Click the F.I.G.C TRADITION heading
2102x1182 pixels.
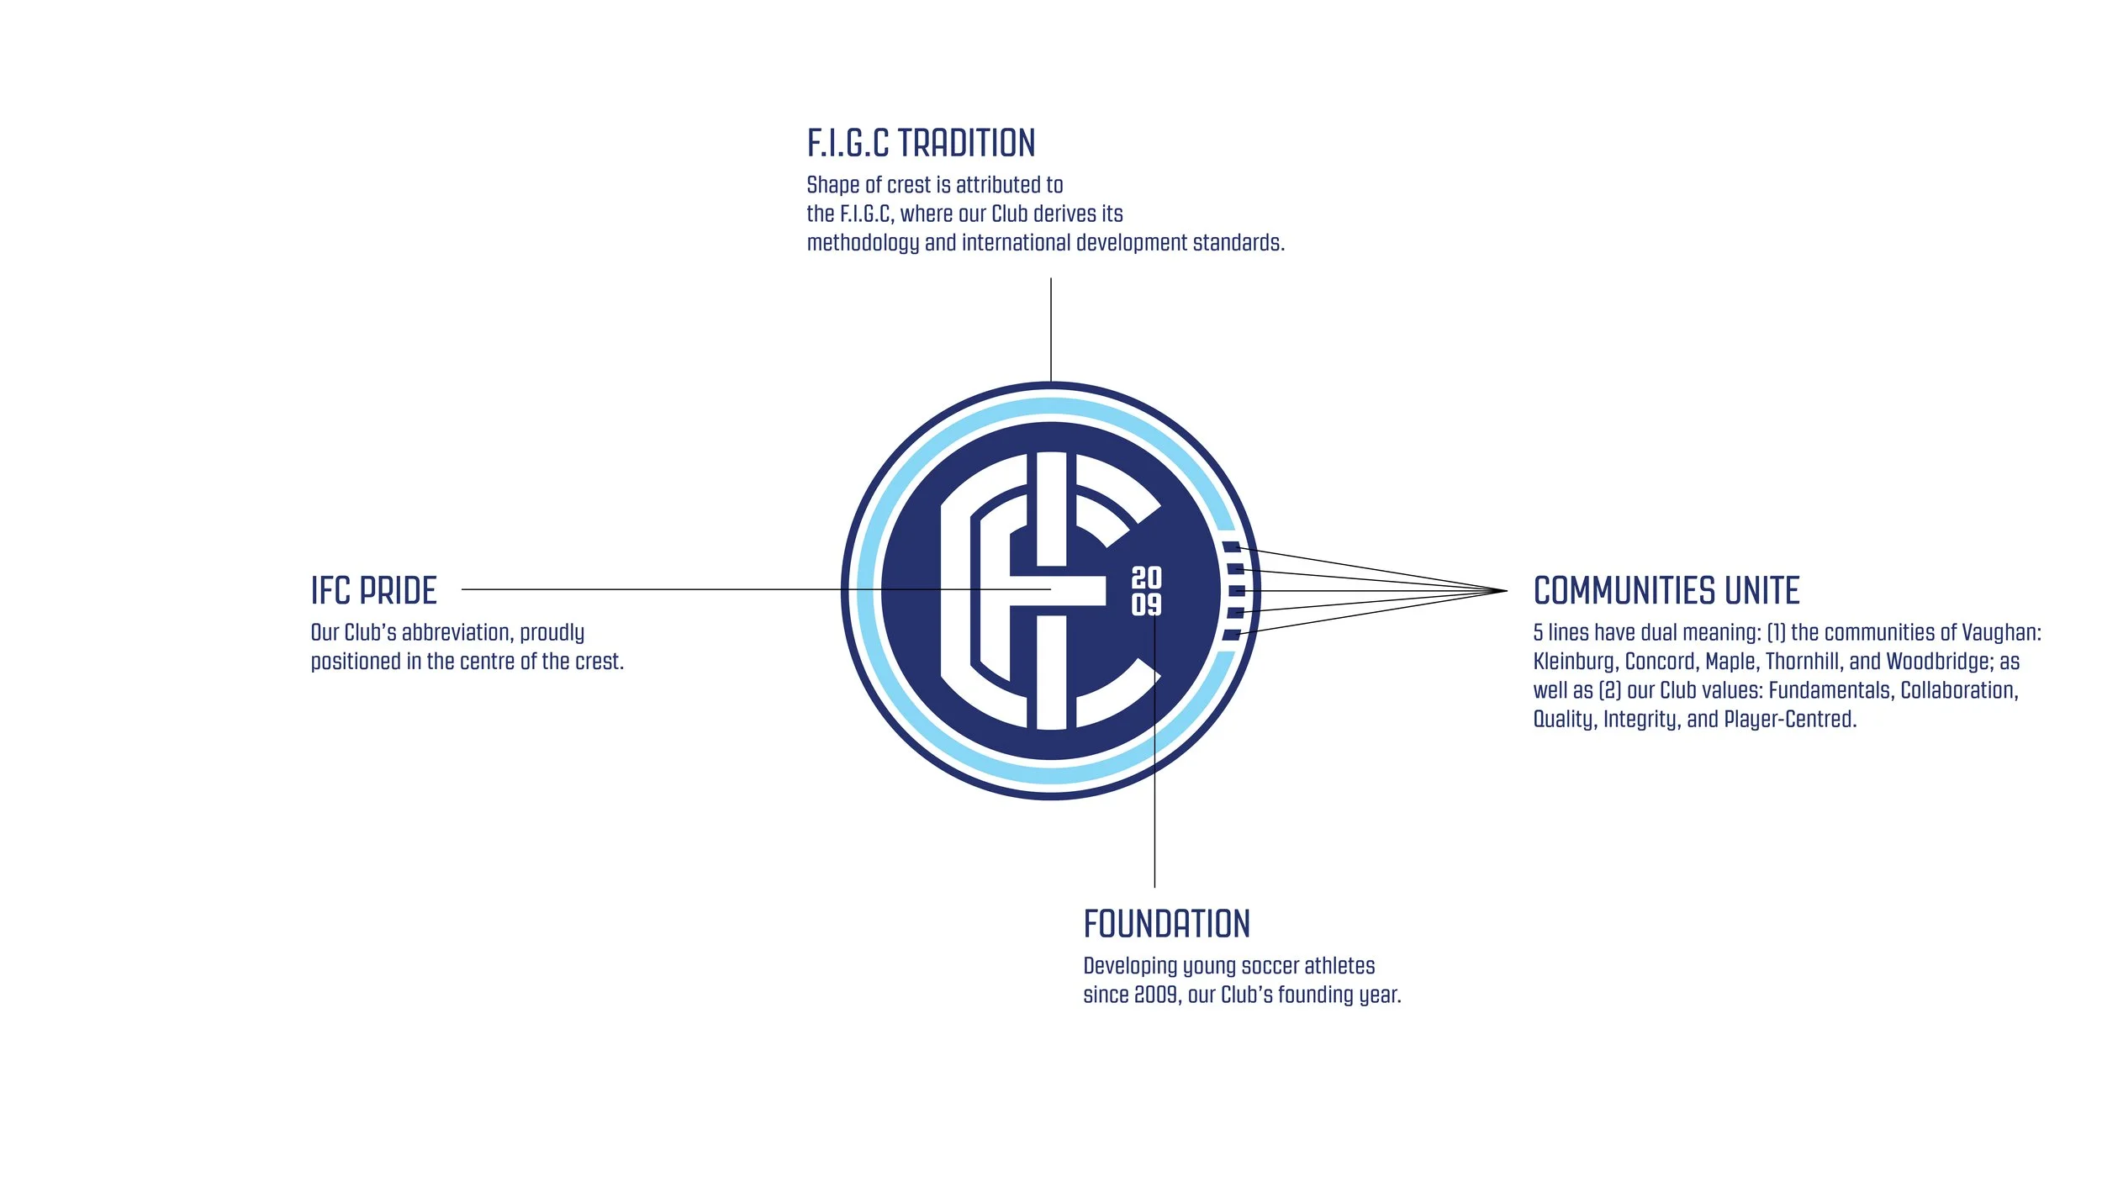tap(921, 144)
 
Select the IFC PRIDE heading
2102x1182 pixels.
tap(373, 591)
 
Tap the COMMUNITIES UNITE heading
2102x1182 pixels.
tap(1666, 591)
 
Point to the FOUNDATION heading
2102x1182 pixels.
tap(1166, 925)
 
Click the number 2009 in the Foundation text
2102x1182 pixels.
tap(1155, 995)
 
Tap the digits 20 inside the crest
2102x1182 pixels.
tap(1146, 578)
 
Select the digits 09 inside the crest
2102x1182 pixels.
tap(1146, 604)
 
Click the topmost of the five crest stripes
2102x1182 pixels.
tap(1231, 547)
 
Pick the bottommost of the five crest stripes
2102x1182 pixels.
tap(1231, 635)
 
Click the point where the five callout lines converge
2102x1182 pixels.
tap(1506, 591)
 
